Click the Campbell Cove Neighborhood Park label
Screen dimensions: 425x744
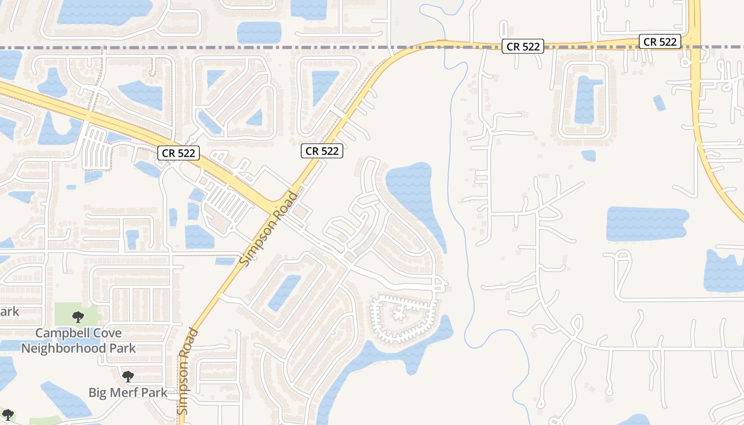(x=78, y=341)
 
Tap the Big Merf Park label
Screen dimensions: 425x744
(x=128, y=393)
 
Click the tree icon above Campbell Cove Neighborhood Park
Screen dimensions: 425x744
(x=78, y=317)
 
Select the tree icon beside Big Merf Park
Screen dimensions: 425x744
(x=128, y=377)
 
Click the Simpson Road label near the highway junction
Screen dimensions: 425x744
(x=269, y=229)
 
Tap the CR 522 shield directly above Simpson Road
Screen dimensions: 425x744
(x=322, y=151)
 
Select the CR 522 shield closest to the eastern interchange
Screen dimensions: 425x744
(x=660, y=41)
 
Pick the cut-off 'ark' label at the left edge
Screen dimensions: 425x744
(x=10, y=311)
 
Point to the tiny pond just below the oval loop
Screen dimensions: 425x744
(x=588, y=156)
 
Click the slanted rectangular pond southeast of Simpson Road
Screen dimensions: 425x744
(x=284, y=292)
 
